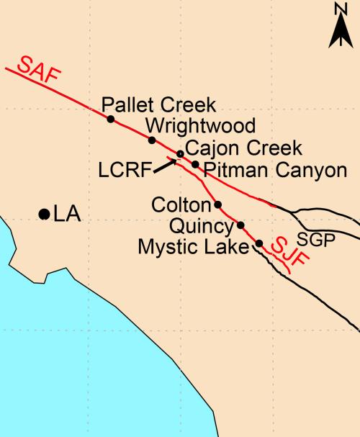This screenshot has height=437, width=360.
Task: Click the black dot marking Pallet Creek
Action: coord(110,119)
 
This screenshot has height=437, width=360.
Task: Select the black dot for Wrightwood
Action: coord(152,140)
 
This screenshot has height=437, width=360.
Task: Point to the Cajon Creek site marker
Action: coord(181,154)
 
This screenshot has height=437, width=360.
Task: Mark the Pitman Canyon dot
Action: coord(195,164)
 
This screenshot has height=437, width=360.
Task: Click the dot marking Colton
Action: coord(218,204)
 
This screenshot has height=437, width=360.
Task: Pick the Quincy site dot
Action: coord(240,225)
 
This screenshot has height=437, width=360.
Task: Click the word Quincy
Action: coord(201,227)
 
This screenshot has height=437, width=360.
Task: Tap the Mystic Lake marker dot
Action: coord(259,243)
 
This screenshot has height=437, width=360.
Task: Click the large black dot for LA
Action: coord(44,214)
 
